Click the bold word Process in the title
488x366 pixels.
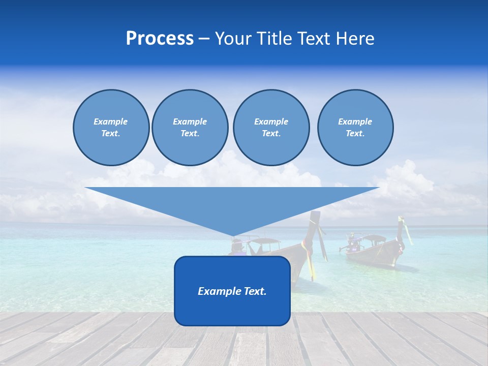(x=160, y=39)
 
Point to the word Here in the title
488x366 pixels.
(x=356, y=39)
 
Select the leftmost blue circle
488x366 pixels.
(x=111, y=128)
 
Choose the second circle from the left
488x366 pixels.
(x=190, y=128)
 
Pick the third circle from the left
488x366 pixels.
(x=271, y=128)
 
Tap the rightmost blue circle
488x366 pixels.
(x=355, y=128)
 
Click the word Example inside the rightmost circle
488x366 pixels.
(x=355, y=121)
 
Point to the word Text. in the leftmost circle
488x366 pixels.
(x=111, y=134)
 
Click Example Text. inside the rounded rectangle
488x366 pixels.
(x=232, y=291)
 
